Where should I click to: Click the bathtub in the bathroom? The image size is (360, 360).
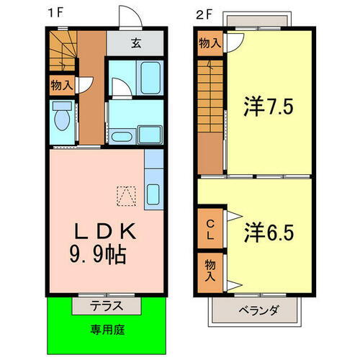(150, 76)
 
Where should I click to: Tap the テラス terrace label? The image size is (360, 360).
(107, 305)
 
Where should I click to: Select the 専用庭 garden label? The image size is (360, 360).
(106, 330)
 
